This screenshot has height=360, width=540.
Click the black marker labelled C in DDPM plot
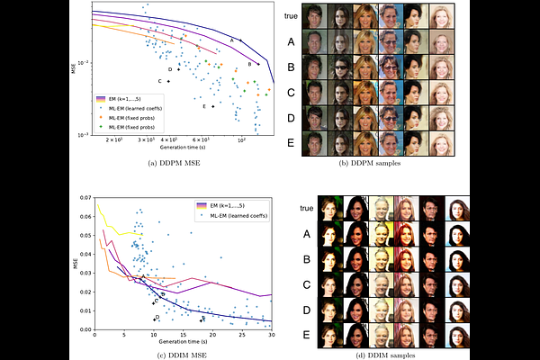coord(168,81)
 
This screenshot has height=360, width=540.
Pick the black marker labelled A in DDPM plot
coord(240,41)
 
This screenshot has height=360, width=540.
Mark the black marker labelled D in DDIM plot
coord(154,318)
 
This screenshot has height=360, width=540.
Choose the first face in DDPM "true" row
coord(314,15)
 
